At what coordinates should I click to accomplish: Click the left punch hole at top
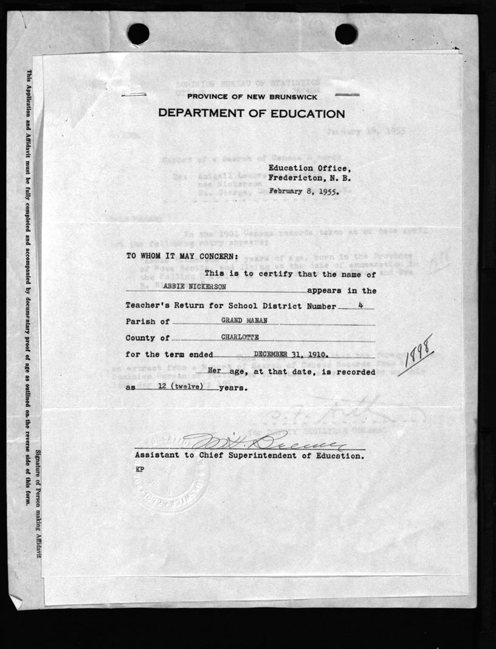[138, 33]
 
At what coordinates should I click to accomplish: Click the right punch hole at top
[346, 33]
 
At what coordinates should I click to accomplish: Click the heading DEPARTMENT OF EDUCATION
[252, 114]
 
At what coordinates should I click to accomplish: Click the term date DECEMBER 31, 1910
[292, 354]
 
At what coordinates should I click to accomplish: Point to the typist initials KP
[139, 470]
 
